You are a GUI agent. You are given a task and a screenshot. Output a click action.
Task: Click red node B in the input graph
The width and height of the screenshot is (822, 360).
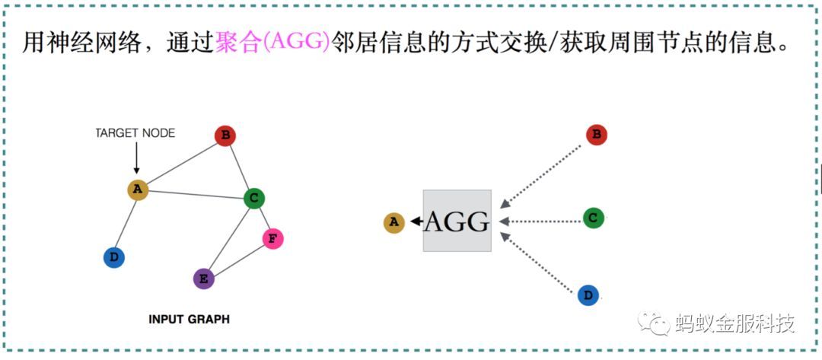225,136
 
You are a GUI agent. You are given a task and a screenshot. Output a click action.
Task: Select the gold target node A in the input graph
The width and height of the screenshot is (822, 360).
137,190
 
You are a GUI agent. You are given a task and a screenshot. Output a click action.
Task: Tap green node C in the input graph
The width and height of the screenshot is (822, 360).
254,199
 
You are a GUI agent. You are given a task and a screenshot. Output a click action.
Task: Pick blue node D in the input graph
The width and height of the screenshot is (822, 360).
113,258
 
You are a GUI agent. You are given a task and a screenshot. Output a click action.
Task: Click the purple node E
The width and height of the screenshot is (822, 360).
203,279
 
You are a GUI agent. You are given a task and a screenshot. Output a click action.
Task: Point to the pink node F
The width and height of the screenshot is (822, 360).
272,239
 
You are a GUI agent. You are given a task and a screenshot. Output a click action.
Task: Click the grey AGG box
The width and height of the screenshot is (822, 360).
457,221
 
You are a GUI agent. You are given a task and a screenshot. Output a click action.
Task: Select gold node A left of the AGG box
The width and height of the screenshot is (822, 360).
393,222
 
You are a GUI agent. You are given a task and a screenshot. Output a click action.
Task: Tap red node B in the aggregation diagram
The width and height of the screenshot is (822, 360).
597,135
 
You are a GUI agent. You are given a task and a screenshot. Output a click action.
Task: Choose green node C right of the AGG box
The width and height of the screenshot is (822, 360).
594,218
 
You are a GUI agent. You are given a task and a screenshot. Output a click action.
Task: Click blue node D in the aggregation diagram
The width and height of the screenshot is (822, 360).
588,295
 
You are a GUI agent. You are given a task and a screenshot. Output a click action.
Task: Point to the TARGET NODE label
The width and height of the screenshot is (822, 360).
135,133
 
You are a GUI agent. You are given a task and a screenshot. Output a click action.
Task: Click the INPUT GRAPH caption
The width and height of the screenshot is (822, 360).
189,320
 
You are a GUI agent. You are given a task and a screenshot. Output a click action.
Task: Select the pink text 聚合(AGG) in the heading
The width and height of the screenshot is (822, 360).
272,43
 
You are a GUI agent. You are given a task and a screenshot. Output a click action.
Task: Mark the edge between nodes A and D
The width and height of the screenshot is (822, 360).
126,224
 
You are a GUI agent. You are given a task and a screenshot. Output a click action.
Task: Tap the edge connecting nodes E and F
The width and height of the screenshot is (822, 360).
238,259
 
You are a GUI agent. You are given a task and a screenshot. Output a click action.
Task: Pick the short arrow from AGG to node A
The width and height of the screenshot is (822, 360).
416,221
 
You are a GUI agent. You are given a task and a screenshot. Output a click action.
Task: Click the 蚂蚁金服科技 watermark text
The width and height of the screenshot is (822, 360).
734,323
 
